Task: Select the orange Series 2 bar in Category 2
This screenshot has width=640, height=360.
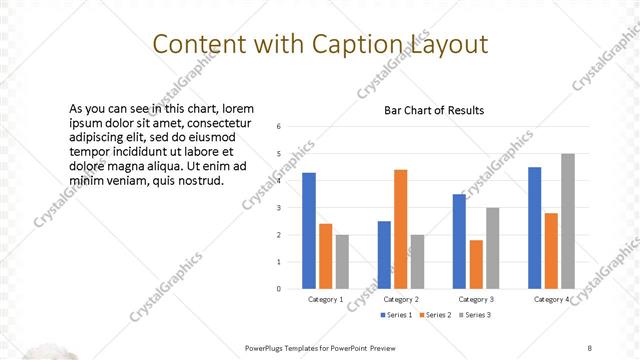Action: pos(400,229)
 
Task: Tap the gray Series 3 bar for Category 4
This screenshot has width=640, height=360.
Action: pos(568,221)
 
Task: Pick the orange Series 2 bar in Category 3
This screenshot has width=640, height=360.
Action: pos(476,264)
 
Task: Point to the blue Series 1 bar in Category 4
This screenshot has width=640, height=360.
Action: pos(535,227)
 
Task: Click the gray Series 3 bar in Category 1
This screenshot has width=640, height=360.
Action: pos(342,261)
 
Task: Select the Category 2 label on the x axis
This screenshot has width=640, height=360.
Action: pos(400,299)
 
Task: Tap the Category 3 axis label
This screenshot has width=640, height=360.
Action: pos(476,299)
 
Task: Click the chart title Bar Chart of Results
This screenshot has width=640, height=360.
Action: pos(434,111)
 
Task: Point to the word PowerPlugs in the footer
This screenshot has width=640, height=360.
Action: pos(269,348)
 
